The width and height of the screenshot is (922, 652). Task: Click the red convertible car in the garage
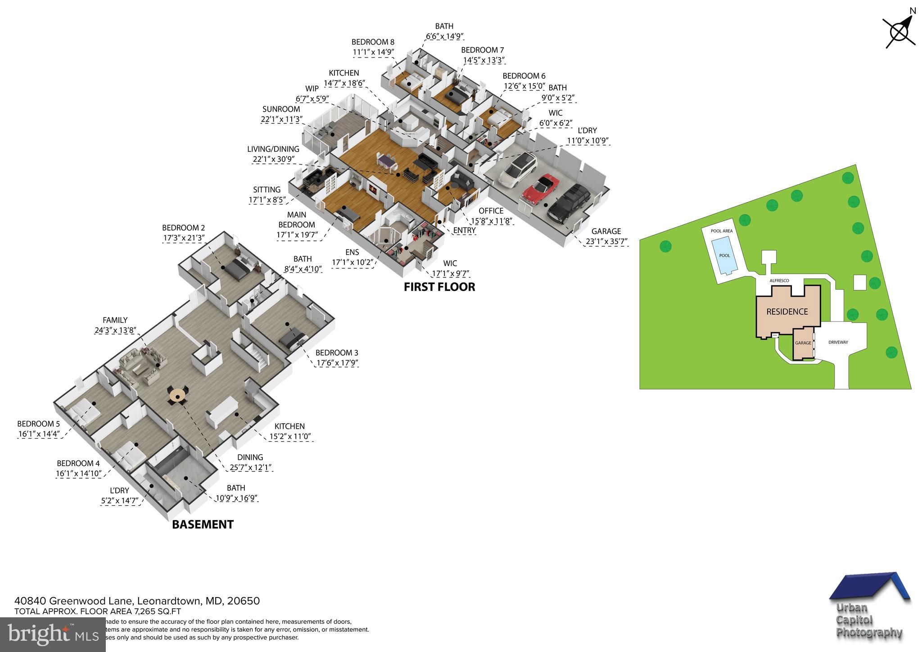541,189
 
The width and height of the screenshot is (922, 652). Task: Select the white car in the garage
518,169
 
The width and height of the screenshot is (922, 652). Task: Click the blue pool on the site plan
724,256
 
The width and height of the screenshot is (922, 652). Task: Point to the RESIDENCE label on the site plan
787,312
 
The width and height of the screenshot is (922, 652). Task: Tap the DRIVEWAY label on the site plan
838,342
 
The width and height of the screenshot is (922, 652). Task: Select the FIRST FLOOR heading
439,287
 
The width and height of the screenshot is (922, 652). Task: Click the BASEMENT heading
203,524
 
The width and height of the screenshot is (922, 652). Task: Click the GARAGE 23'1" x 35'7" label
606,236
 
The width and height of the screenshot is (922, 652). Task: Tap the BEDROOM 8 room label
373,47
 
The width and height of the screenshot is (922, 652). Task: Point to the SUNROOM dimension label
281,114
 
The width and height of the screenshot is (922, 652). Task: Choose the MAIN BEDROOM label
296,225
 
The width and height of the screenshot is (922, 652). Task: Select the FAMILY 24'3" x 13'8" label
115,325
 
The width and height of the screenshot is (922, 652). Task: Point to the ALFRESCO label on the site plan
779,281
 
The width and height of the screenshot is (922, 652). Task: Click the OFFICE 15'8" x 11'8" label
491,216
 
